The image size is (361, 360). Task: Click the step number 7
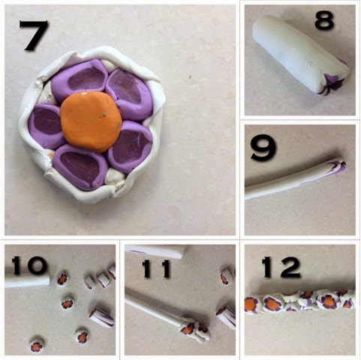tap(35, 35)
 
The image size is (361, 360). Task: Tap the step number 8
tap(324, 20)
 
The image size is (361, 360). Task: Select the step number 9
tap(263, 150)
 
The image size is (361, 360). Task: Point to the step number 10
tap(29, 265)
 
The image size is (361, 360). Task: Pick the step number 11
tap(156, 268)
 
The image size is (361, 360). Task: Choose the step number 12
tap(281, 268)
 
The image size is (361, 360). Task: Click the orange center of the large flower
tap(92, 121)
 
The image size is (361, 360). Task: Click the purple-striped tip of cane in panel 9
tap(339, 166)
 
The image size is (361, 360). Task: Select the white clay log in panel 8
tap(300, 55)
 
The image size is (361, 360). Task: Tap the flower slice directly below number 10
tap(62, 279)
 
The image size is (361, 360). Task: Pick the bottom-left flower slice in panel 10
tap(37, 346)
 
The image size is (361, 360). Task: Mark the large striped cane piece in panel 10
tap(102, 317)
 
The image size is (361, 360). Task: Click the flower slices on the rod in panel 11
tap(195, 329)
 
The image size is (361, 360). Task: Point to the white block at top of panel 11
tap(155, 251)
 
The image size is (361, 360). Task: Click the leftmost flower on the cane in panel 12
tap(252, 305)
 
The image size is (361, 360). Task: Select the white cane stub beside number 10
tap(27, 281)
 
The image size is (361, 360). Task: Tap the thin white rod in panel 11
tap(154, 310)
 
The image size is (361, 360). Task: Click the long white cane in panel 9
tap(295, 178)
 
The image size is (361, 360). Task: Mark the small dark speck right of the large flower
tap(190, 76)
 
